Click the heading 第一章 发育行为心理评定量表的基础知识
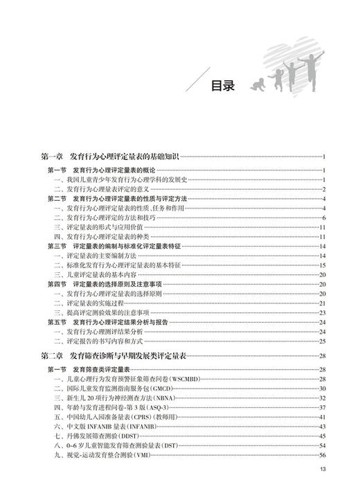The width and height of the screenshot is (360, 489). pyautogui.click(x=111, y=157)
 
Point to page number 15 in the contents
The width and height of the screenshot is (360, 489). pyautogui.click(x=322, y=265)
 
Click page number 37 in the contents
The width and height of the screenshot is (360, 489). pyautogui.click(x=322, y=408)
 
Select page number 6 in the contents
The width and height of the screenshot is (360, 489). pyautogui.click(x=323, y=217)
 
